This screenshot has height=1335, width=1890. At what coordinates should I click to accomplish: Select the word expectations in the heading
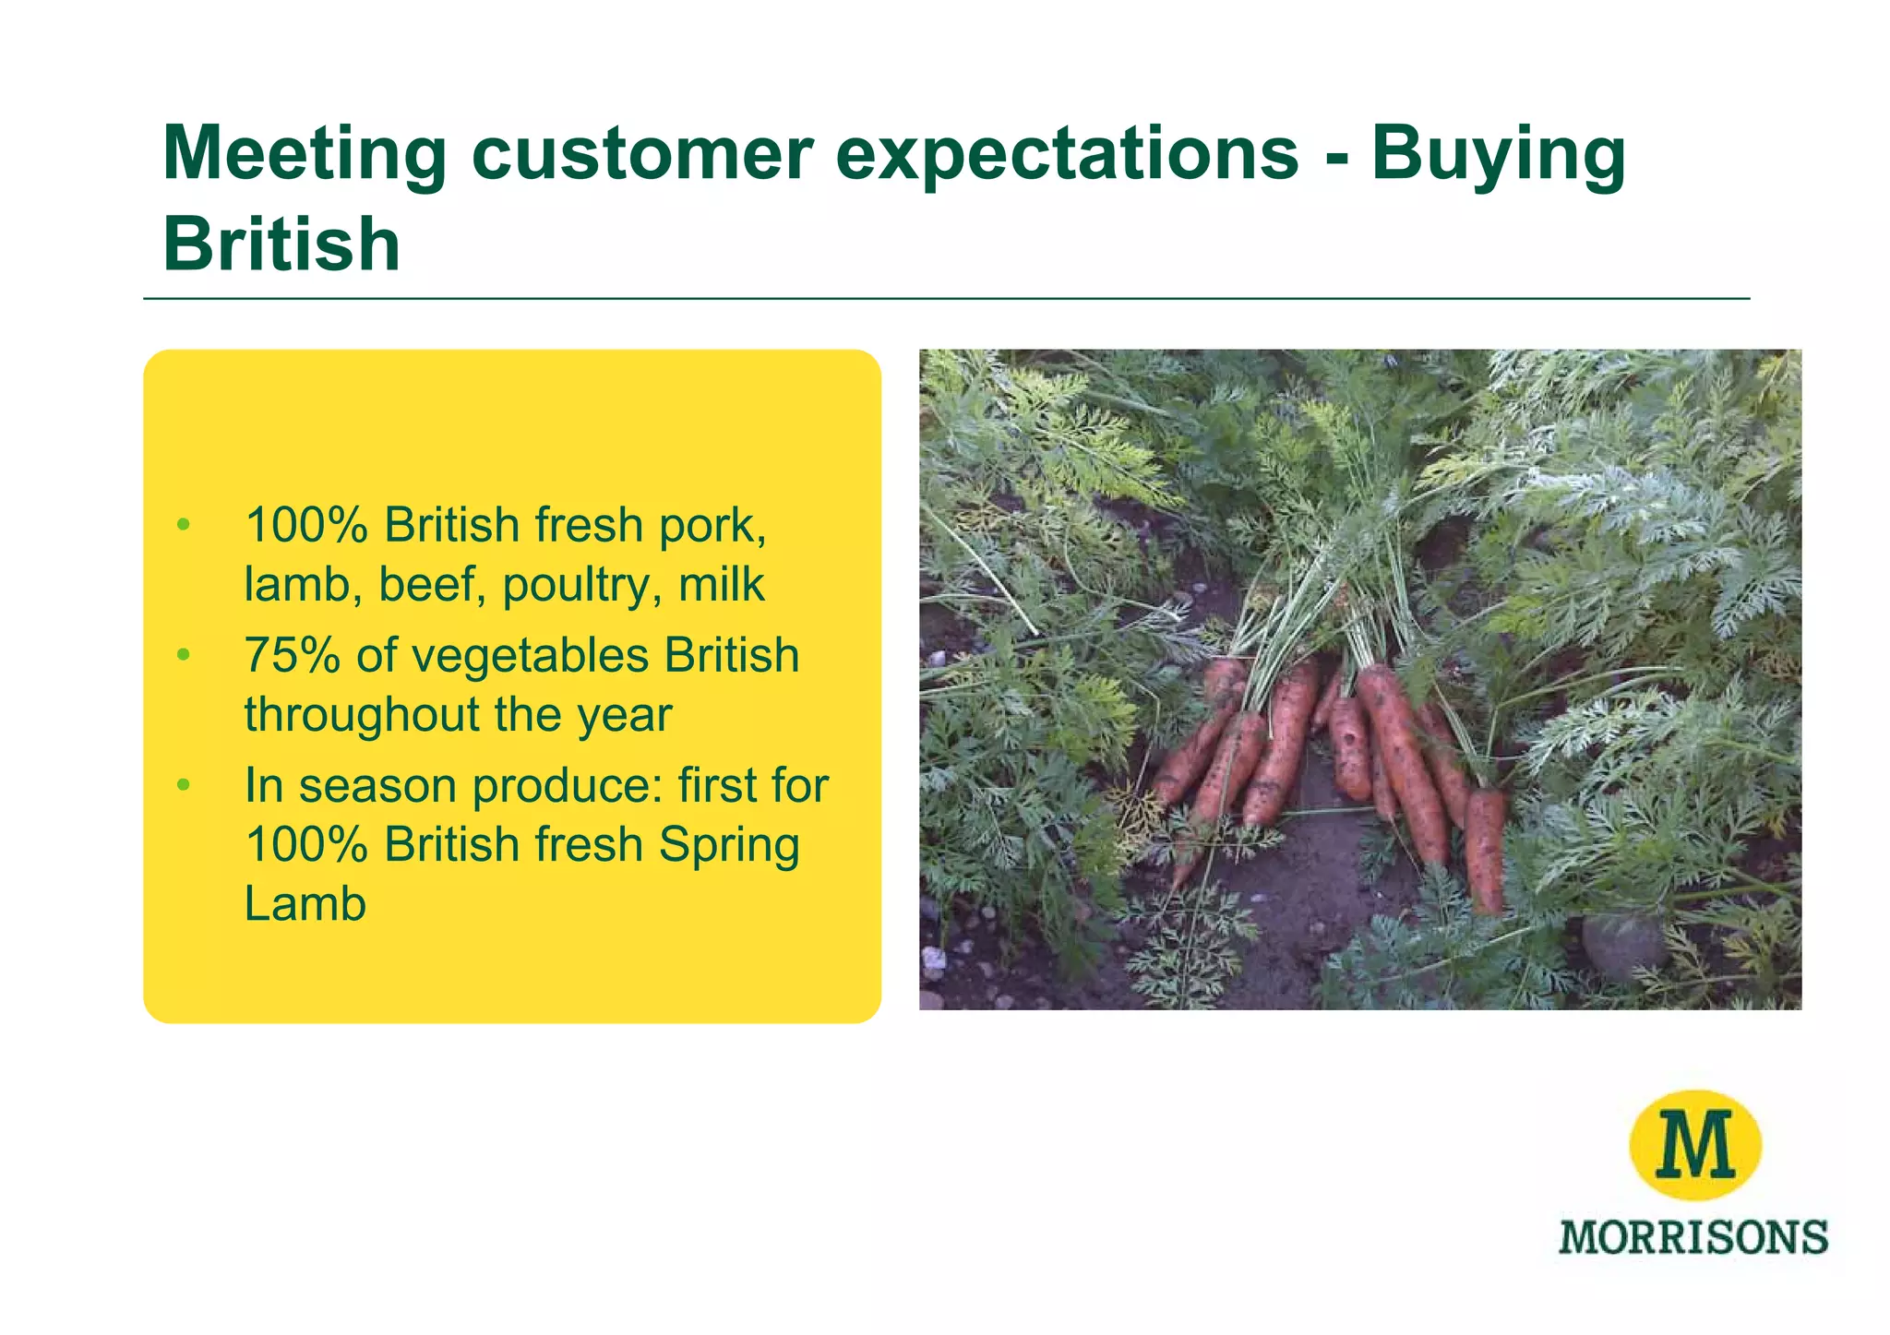click(x=1067, y=154)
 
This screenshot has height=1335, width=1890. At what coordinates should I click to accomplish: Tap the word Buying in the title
click(x=1497, y=154)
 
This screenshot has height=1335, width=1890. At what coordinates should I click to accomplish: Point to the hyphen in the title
click(x=1334, y=157)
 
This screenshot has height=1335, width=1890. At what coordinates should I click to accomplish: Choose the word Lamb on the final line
click(x=305, y=903)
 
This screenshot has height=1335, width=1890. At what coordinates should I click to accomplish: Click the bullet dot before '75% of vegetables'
click(x=184, y=656)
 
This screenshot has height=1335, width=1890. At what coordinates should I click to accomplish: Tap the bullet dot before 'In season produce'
click(x=184, y=786)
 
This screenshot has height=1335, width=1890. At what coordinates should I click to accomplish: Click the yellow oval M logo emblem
click(x=1694, y=1145)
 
